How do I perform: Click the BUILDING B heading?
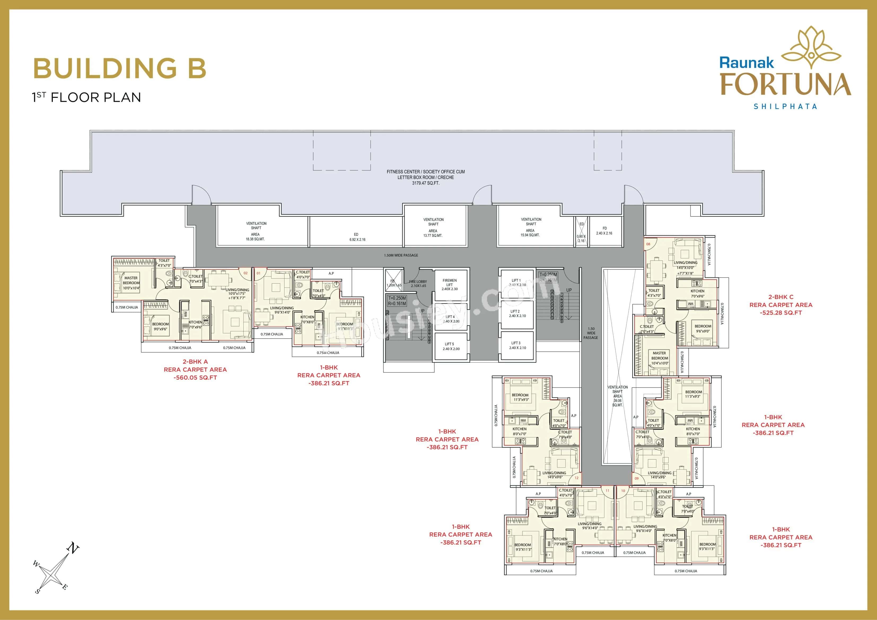120,68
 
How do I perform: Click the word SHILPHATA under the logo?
785,107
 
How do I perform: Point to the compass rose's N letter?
73,549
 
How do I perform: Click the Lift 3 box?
517,345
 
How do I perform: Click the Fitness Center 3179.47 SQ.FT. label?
426,177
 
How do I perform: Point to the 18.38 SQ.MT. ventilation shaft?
256,231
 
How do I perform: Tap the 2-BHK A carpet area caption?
195,370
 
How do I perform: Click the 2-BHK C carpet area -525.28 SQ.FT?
781,305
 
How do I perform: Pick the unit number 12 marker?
576,478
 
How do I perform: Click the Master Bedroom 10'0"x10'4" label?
131,283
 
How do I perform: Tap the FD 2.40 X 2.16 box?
604,231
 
